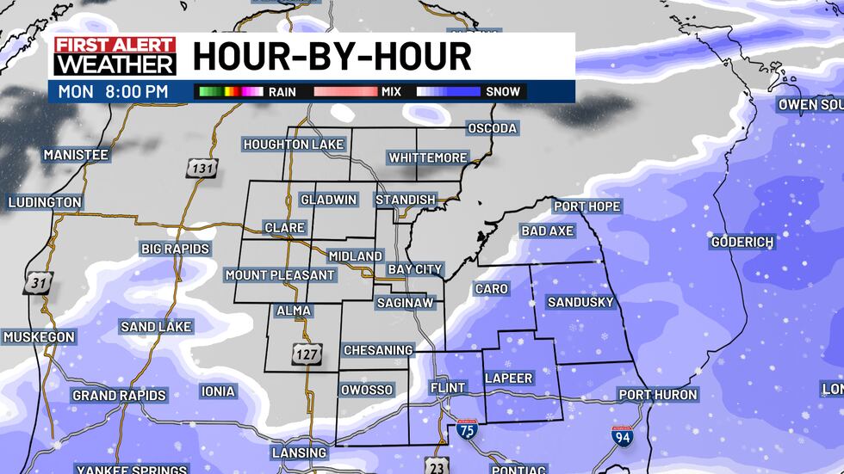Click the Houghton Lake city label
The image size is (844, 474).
(x=294, y=145)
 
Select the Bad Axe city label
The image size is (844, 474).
(x=547, y=231)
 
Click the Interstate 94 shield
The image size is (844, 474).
(x=622, y=435)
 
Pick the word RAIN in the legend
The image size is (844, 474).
(x=282, y=91)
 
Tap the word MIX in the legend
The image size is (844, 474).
(x=392, y=91)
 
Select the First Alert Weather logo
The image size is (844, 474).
(x=115, y=56)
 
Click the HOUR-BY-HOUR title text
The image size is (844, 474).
(x=332, y=57)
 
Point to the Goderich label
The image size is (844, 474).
(x=742, y=243)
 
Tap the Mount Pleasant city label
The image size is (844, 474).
(x=280, y=275)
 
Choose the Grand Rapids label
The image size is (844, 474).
(x=119, y=396)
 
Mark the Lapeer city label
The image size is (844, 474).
(x=509, y=378)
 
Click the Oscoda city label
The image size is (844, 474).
(x=492, y=128)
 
